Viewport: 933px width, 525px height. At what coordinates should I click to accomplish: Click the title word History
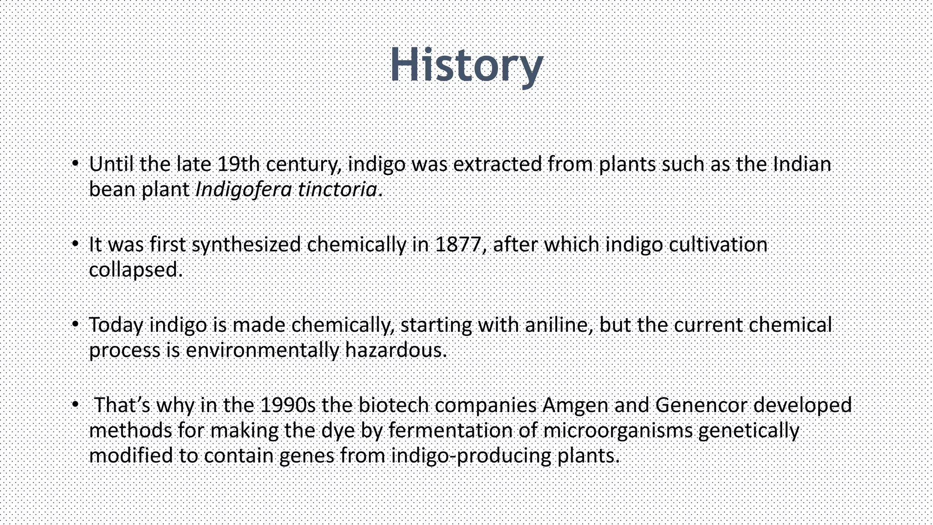tap(466, 65)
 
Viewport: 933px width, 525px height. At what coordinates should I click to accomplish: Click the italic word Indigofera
tap(243, 190)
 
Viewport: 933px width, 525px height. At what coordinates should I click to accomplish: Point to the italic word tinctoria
tap(338, 190)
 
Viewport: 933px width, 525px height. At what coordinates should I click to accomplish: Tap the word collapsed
tap(135, 270)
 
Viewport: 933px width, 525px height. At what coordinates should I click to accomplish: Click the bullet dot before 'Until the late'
tap(76, 164)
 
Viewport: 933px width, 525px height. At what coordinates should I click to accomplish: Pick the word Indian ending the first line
tap(802, 165)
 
